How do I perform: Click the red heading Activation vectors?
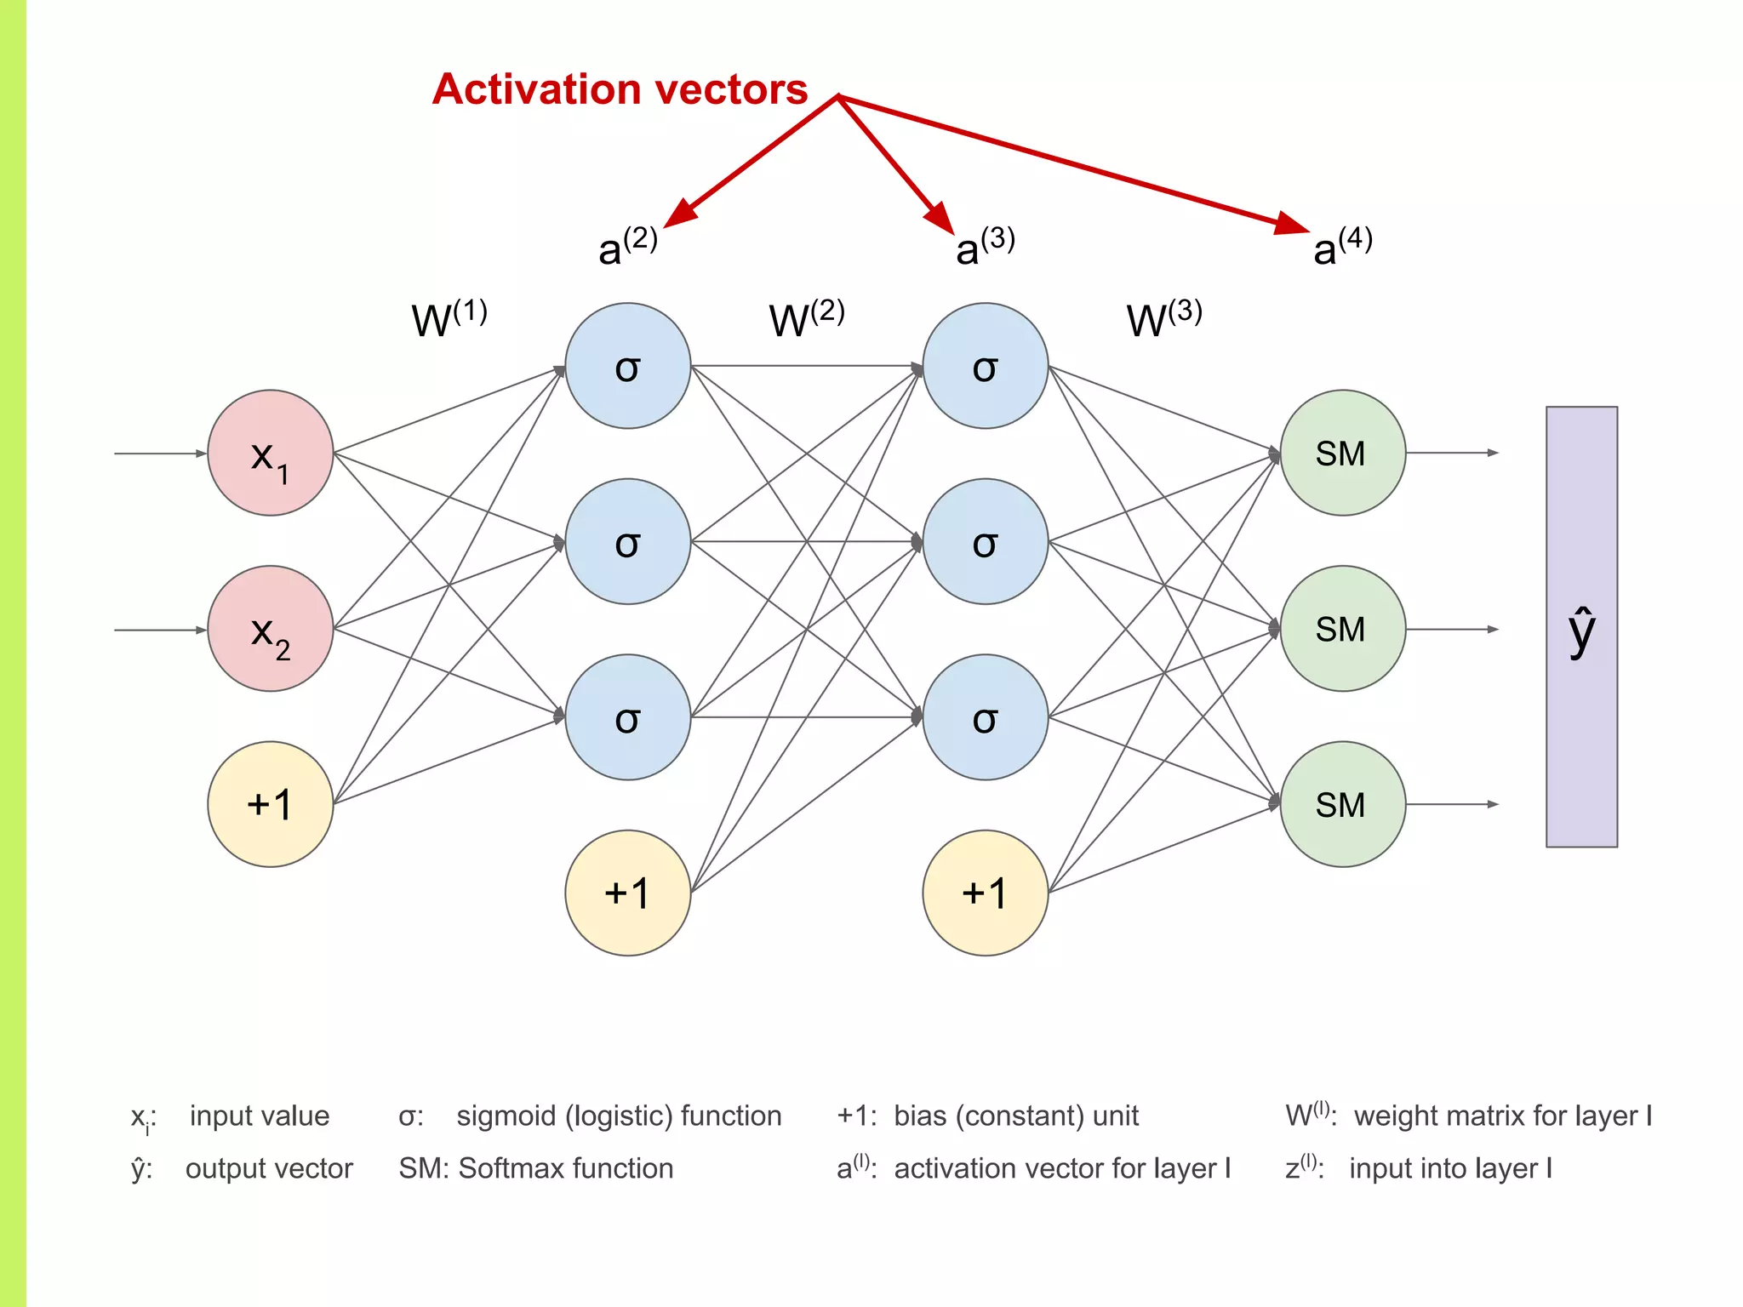pyautogui.click(x=620, y=89)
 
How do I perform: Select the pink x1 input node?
pyautogui.click(x=270, y=453)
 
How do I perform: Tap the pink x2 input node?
pyautogui.click(x=270, y=629)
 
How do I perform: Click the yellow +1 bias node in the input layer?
pyautogui.click(x=270, y=804)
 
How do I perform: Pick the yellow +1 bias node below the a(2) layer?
pyautogui.click(x=627, y=893)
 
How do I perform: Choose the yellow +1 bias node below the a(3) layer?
pyautogui.click(x=985, y=893)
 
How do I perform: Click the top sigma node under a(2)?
pyautogui.click(x=627, y=366)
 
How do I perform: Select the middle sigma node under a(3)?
pyautogui.click(x=985, y=541)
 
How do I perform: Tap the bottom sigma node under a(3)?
pyautogui.click(x=985, y=717)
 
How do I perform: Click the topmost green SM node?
pyautogui.click(x=1342, y=453)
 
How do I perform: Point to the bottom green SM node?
pyautogui.click(x=1342, y=804)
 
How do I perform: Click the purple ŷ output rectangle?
pyautogui.click(x=1581, y=627)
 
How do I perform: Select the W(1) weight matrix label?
pyautogui.click(x=449, y=319)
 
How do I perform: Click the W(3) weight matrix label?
pyautogui.click(x=1163, y=319)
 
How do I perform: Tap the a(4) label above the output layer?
pyautogui.click(x=1342, y=247)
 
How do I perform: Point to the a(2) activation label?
pyautogui.click(x=627, y=247)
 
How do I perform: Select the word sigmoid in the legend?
pyautogui.click(x=506, y=1116)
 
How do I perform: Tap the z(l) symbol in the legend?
pyautogui.click(x=1302, y=1167)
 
